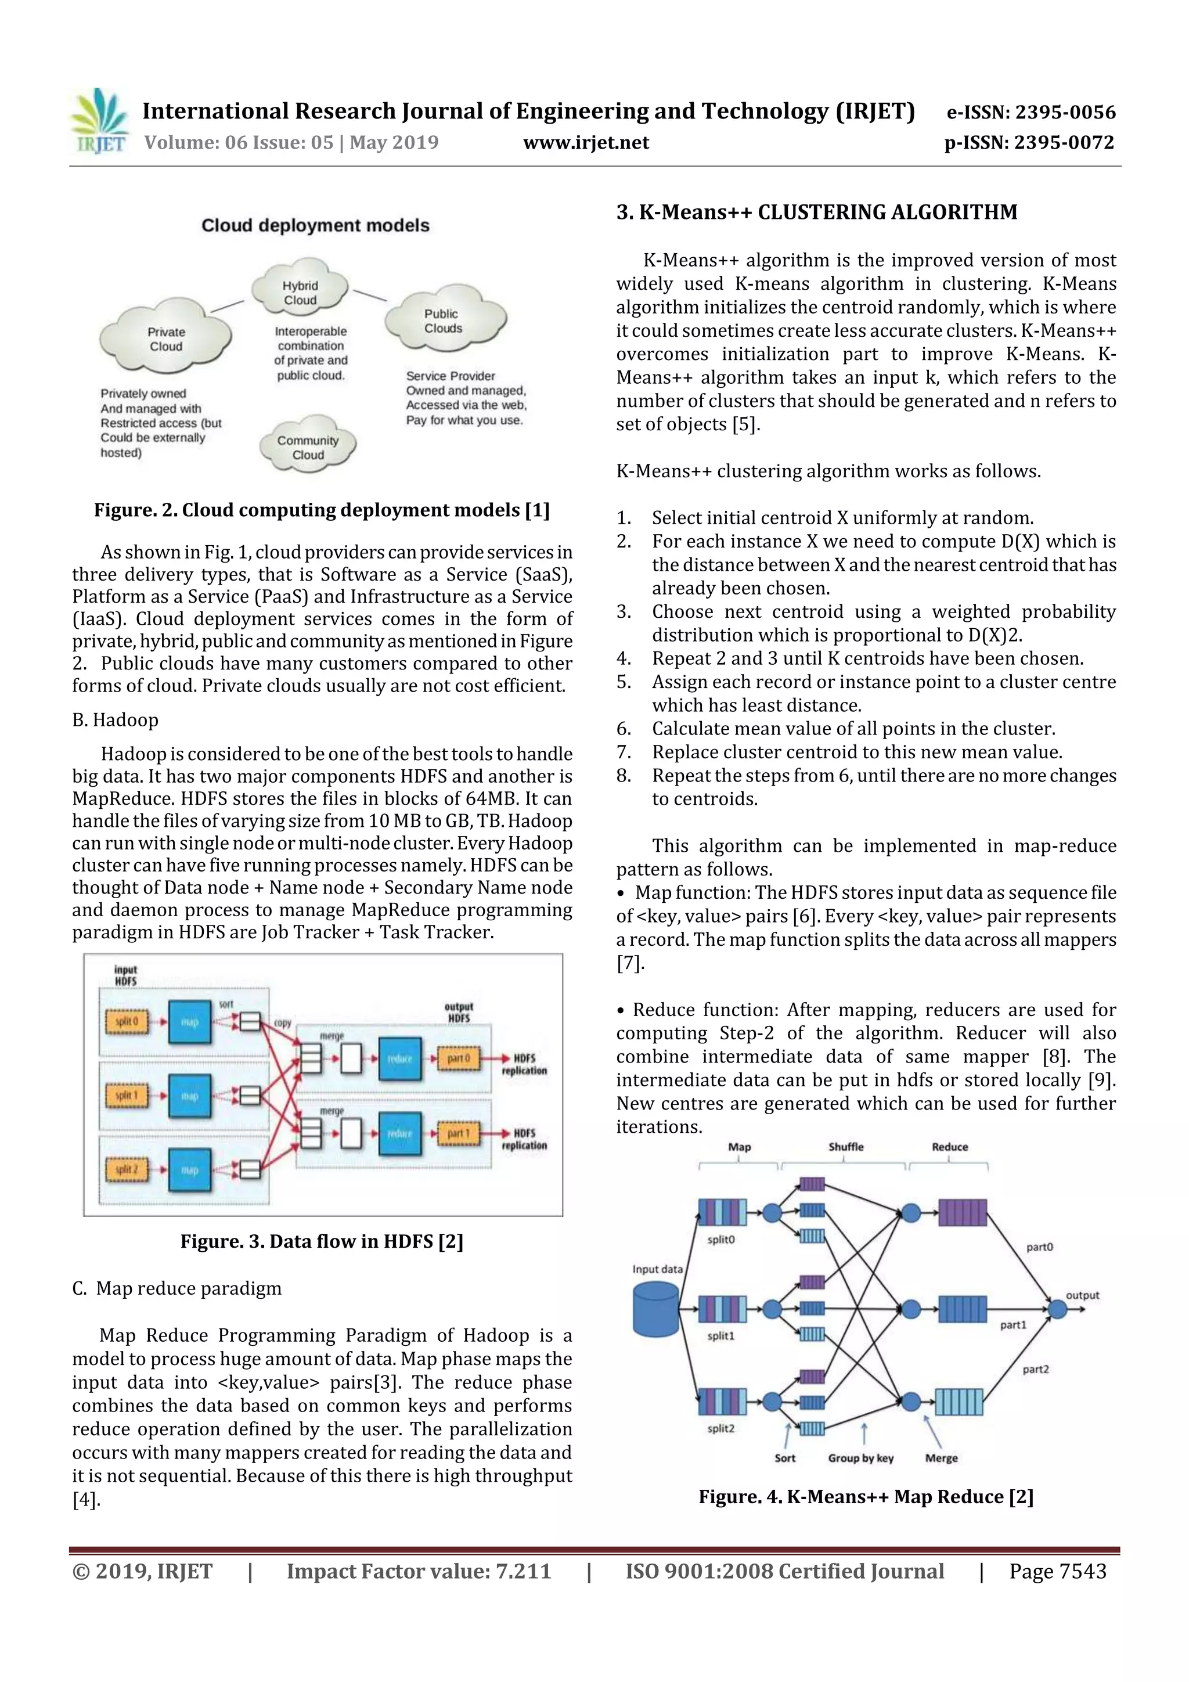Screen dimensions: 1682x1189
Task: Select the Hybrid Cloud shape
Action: pos(300,292)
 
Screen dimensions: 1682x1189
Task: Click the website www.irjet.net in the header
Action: pos(586,143)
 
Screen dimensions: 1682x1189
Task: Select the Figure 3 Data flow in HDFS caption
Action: pos(322,1241)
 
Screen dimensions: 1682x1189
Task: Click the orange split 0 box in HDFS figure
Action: pos(126,1021)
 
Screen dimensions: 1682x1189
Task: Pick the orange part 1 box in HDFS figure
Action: pos(458,1133)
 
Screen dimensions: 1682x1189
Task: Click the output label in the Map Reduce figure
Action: pos(1082,1295)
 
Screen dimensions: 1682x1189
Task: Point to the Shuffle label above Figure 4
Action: pos(845,1147)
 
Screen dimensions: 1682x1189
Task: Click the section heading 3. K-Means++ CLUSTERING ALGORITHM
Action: pos(817,212)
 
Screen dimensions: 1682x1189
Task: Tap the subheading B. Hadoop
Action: pos(115,720)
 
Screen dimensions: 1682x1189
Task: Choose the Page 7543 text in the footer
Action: pos(1057,1571)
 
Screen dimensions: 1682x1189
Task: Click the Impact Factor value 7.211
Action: pos(419,1571)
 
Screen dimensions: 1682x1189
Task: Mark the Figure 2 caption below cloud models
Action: pos(322,510)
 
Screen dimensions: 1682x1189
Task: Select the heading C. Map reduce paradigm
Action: pos(176,1288)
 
